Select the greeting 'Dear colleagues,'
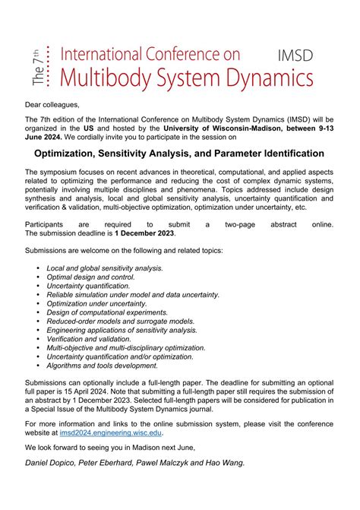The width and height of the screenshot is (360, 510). pos(52,105)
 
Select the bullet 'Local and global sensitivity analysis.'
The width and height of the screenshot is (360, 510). pos(105,268)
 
